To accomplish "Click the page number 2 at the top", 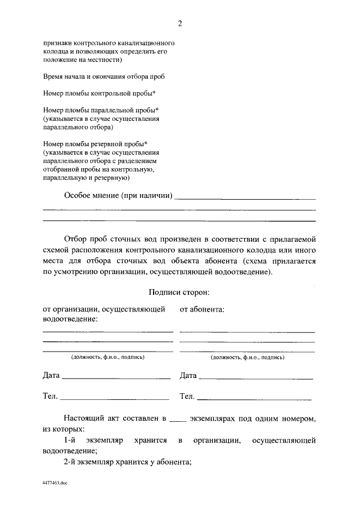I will pos(179,23).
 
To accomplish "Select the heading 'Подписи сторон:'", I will pos(179,292).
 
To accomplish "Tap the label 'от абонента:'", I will pos(202,309).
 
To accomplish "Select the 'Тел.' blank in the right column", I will pos(256,398).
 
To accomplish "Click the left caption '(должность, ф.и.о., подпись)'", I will pos(107,357).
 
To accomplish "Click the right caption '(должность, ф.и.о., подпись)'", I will pos(247,357).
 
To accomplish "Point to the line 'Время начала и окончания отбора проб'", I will pos(104,76).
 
